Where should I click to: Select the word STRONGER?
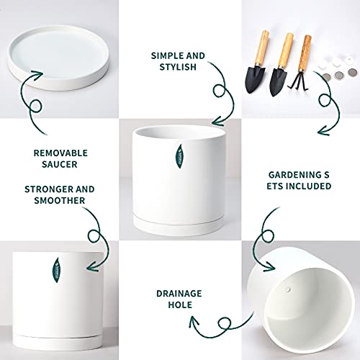[x=45, y=189]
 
